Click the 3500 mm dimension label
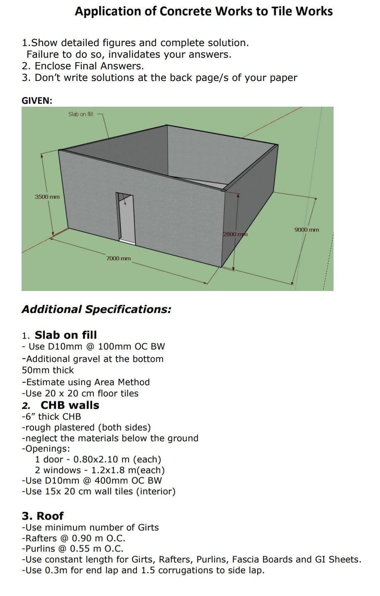47,196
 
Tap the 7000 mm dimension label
118,258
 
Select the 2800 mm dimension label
235,234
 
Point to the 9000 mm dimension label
307,230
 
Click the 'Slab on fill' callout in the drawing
80,114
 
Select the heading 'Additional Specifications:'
96,309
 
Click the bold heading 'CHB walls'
70,405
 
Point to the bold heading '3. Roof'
43,516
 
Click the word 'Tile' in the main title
282,11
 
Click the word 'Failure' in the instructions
43,54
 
